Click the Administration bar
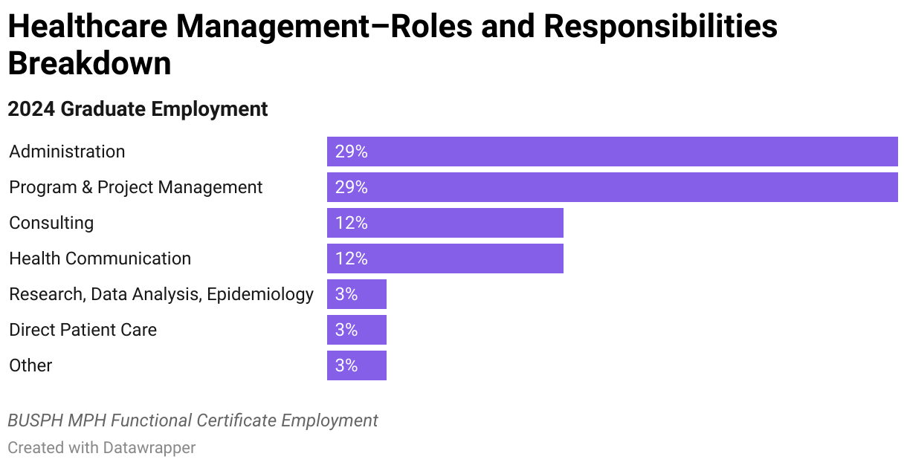pyautogui.click(x=612, y=152)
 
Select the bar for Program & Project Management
pyautogui.click(x=612, y=187)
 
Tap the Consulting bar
pyautogui.click(x=445, y=223)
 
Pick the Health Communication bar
pyautogui.click(x=445, y=258)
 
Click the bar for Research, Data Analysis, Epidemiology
pyautogui.click(x=356, y=294)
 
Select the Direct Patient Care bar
pyautogui.click(x=356, y=330)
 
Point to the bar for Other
pyautogui.click(x=356, y=365)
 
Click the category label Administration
pyautogui.click(x=67, y=152)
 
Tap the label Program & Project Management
pyautogui.click(x=135, y=187)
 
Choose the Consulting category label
pyautogui.click(x=51, y=223)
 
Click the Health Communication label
pyautogui.click(x=100, y=258)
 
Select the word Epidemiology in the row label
pyautogui.click(x=260, y=294)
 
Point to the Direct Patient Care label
pyautogui.click(x=83, y=330)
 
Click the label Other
pyautogui.click(x=30, y=365)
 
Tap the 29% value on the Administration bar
pyautogui.click(x=351, y=152)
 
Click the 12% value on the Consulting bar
pyautogui.click(x=351, y=223)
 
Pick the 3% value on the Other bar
pyautogui.click(x=346, y=365)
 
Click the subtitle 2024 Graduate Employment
pyautogui.click(x=138, y=109)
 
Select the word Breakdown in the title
pyautogui.click(x=89, y=64)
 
